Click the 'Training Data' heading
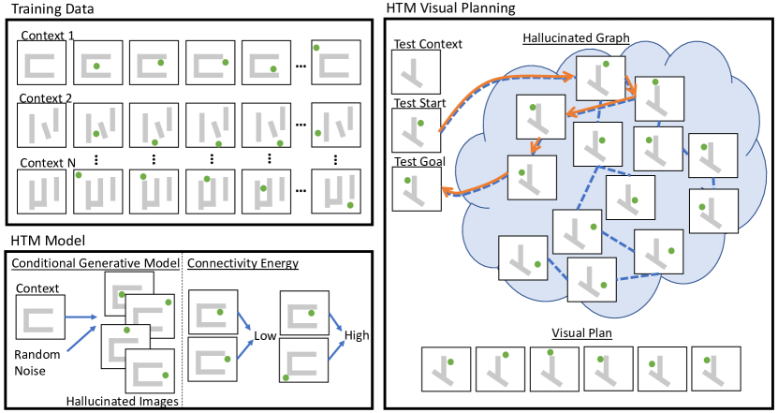coord(52,9)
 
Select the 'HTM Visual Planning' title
coord(450,7)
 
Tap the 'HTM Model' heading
coord(48,241)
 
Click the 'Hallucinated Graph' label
coord(576,38)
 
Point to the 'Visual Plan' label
coord(581,332)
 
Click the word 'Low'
coord(265,336)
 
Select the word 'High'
coord(357,336)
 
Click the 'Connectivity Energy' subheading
coord(242,263)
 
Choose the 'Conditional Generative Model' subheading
coord(95,263)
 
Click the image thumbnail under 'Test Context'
coord(416,72)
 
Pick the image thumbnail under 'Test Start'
coord(416,130)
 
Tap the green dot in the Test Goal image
coord(407,181)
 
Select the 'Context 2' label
coord(46,98)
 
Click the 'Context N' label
coord(48,163)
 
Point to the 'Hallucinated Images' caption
coord(122,401)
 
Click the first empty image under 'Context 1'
coord(42,63)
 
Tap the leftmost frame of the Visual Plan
coord(446,370)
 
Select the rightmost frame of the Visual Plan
coord(716,370)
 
